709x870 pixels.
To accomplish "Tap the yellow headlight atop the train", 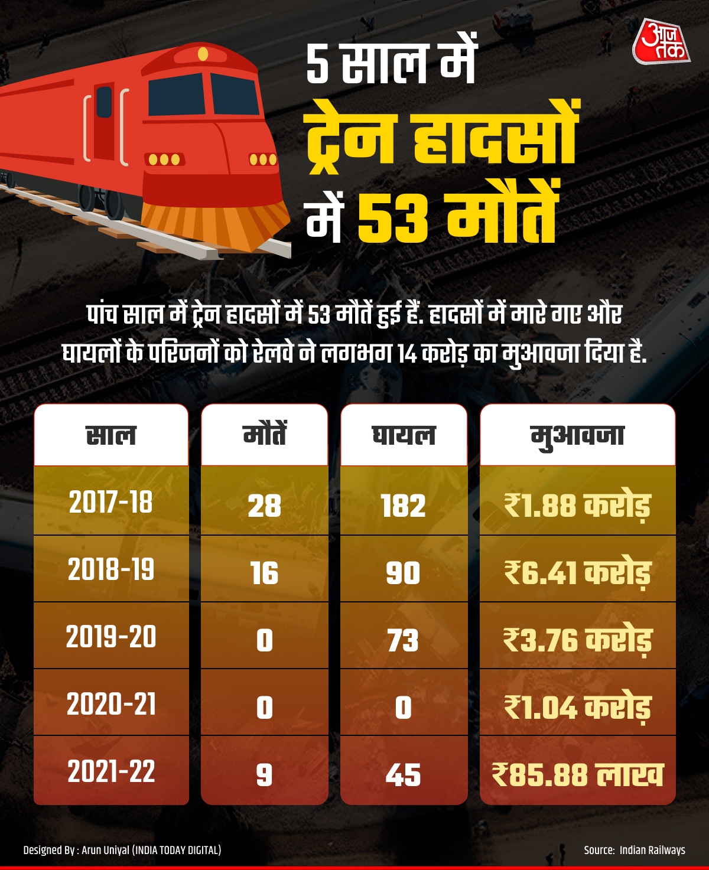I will point(203,54).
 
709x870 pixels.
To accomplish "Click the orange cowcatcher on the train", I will point(216,224).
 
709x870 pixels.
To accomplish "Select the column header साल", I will point(111,435).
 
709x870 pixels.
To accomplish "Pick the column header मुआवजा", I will point(577,435).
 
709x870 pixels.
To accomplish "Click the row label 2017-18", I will point(111,503).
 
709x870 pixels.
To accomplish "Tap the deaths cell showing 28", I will point(264,506).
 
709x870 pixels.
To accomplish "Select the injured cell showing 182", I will point(404,506).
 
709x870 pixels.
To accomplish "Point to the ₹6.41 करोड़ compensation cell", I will point(577,573).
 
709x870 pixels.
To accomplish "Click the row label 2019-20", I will point(111,637).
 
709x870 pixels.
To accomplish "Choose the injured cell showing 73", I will point(404,640).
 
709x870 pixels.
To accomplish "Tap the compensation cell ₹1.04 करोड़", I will point(577,707).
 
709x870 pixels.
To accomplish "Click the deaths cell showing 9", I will point(264,774).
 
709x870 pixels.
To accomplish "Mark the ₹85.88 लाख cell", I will point(577,774).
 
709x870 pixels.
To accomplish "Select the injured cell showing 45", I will point(404,774).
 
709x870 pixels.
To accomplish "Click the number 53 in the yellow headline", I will point(392,220).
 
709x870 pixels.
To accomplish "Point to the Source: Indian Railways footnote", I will point(634,850).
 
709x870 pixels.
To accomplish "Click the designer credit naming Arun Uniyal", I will point(122,850).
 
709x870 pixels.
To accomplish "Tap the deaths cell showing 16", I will point(264,573).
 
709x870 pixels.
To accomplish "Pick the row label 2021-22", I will point(111,771).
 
